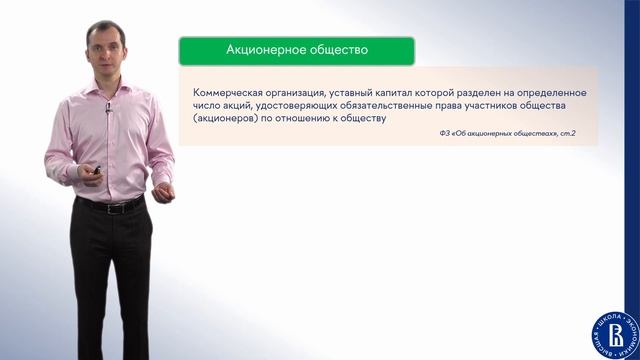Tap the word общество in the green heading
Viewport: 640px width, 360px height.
click(x=335, y=49)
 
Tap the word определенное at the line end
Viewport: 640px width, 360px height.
click(x=552, y=92)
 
